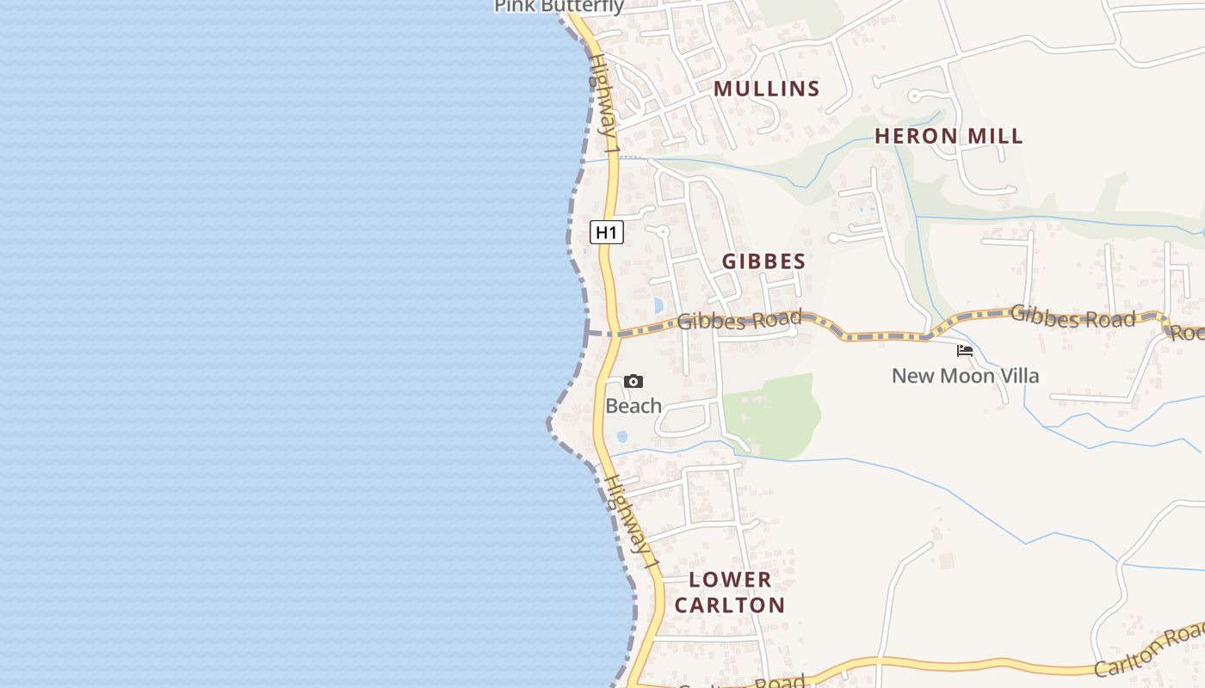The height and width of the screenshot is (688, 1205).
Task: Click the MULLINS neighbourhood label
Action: tap(766, 89)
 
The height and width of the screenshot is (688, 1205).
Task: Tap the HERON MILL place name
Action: tap(949, 136)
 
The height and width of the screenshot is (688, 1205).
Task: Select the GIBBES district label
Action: tap(763, 261)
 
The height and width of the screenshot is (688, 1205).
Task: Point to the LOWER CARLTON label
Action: tap(730, 592)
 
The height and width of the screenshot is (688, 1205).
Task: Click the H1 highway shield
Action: tap(607, 232)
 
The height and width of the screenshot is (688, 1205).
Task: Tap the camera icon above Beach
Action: tap(633, 381)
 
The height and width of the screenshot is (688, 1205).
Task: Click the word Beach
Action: tap(633, 406)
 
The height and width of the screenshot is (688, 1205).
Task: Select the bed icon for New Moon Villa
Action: tap(965, 350)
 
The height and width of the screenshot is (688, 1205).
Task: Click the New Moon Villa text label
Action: tap(965, 376)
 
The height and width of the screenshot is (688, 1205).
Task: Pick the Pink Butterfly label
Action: tap(559, 7)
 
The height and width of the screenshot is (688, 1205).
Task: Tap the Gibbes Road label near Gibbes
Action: tap(739, 321)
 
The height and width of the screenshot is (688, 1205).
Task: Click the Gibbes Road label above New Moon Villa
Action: tap(1072, 316)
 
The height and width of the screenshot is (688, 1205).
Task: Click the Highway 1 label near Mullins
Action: tap(604, 103)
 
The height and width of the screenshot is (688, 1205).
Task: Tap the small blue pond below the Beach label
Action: tap(622, 436)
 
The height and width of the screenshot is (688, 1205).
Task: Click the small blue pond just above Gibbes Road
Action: tap(658, 305)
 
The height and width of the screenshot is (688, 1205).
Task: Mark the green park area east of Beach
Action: tap(772, 415)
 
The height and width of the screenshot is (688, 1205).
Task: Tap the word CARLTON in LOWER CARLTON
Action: tap(730, 605)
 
